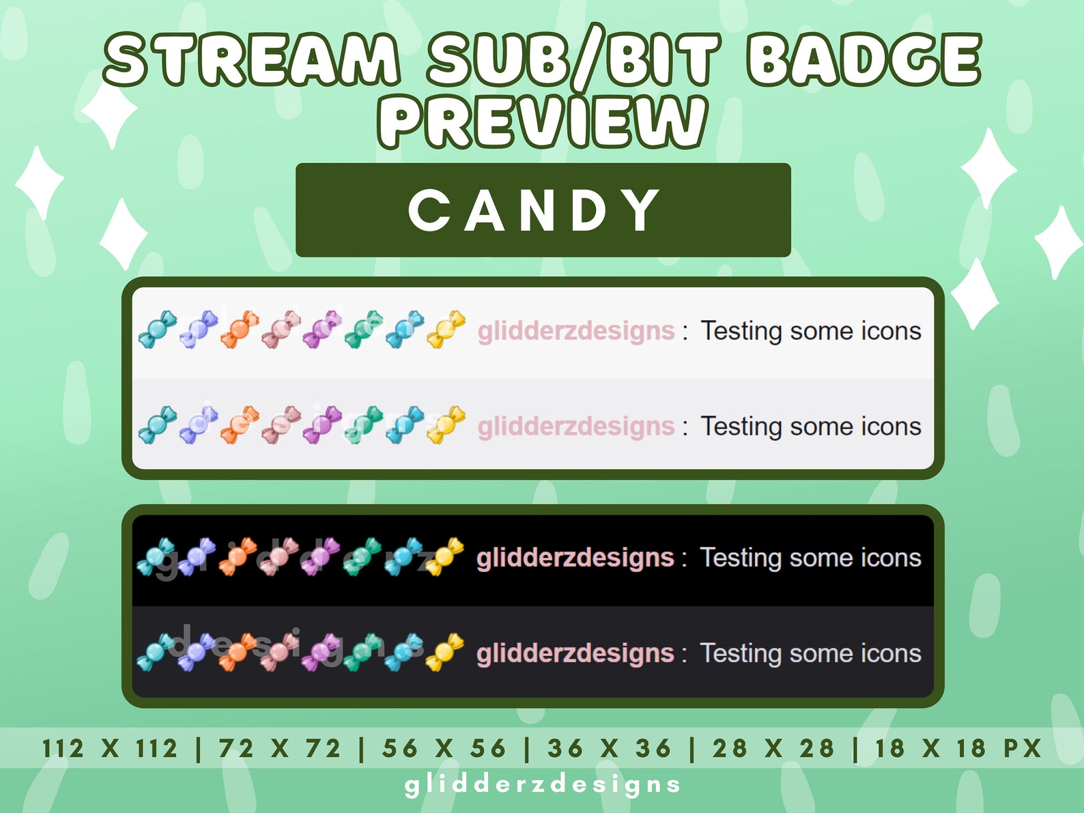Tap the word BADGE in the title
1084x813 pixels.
[864, 59]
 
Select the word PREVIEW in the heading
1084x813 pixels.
[543, 121]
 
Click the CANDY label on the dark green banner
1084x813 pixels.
[534, 210]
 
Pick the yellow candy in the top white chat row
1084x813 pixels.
[446, 329]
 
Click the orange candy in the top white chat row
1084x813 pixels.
[240, 329]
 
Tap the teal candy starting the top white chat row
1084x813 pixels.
[157, 329]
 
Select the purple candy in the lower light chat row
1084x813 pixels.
[322, 425]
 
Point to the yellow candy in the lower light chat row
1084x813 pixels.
[446, 425]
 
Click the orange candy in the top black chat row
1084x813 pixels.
[238, 556]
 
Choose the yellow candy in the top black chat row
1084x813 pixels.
[445, 556]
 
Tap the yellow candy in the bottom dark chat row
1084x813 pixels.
[445, 652]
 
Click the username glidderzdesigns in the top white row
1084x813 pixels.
[576, 331]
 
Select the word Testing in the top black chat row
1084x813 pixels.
[741, 558]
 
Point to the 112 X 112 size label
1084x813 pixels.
[110, 748]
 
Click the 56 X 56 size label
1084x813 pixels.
[444, 748]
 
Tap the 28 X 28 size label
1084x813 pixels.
[773, 748]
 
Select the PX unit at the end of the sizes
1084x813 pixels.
[1022, 748]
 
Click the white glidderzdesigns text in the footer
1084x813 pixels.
[543, 784]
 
